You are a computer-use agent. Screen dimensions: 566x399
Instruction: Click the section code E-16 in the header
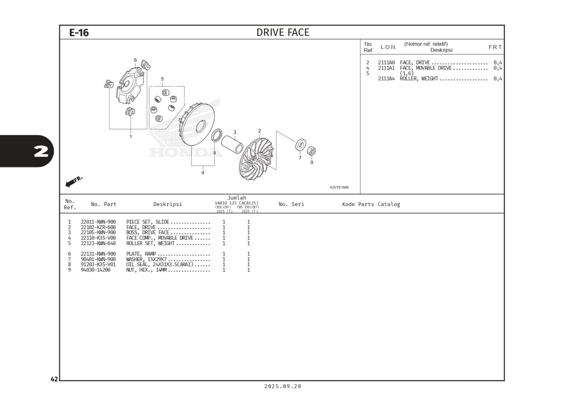tap(79, 33)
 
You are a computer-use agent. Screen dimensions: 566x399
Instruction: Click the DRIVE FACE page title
tap(283, 32)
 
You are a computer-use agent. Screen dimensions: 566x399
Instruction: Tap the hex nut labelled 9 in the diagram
tap(311, 151)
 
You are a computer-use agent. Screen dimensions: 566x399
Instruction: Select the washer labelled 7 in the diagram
tap(301, 145)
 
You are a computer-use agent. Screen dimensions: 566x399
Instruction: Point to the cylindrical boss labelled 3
tap(232, 144)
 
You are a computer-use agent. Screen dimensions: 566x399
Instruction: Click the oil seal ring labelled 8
tap(217, 135)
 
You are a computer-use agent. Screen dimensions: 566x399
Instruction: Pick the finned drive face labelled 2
tap(256, 159)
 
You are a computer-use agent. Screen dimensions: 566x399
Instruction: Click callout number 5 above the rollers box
tap(162, 79)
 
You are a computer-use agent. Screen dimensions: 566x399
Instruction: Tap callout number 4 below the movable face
tap(203, 173)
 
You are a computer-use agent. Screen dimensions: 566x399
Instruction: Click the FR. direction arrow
tap(74, 181)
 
